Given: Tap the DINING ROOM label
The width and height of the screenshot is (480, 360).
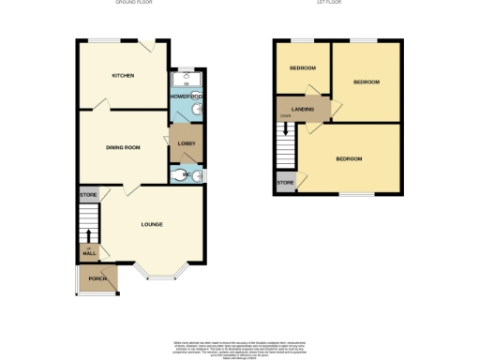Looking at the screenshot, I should [123, 147].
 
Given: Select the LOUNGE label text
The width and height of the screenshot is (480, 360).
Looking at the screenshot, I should [152, 224].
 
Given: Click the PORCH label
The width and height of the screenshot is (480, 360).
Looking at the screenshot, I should [97, 278].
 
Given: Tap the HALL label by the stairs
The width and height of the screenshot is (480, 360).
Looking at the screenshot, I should [90, 253].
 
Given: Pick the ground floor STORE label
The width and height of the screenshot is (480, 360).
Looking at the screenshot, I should [88, 195].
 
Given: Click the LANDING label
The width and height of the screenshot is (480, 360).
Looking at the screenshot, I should [303, 110].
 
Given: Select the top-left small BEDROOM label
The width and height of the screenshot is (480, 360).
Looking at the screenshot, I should [302, 68].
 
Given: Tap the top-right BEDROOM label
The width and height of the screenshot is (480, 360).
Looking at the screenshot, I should [366, 82].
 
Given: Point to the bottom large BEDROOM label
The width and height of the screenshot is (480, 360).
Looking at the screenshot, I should [349, 158].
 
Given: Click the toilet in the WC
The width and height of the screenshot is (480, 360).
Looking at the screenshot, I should [183, 173].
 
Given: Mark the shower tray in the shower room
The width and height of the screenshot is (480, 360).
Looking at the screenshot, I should [185, 81].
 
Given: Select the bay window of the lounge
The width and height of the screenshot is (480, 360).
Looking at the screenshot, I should [160, 274].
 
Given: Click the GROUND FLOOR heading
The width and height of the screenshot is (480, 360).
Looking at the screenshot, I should [134, 3].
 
